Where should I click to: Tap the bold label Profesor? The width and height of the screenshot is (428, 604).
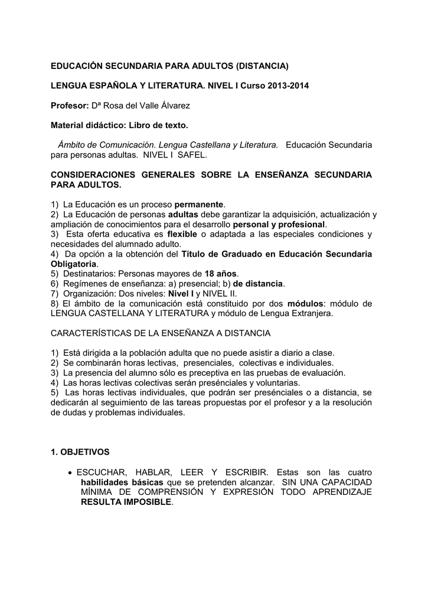click(x=69, y=106)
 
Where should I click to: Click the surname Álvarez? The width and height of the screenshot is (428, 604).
click(x=174, y=106)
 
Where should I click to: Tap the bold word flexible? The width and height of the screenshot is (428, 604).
click(x=183, y=234)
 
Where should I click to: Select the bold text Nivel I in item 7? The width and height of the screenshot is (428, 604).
click(x=181, y=294)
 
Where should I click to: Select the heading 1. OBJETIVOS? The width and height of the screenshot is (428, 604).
click(x=80, y=452)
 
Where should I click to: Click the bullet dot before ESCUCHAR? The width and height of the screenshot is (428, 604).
click(x=71, y=472)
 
